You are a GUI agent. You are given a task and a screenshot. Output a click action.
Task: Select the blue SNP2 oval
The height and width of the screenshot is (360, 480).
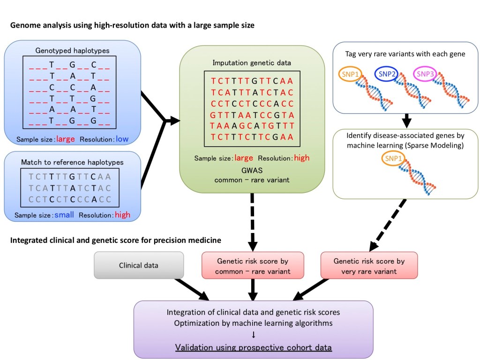coord(387,74)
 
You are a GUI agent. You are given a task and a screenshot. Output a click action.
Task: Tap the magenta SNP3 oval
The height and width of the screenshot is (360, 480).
coord(426,74)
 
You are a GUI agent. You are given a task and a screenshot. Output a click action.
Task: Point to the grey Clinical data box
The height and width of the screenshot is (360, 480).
coord(139,265)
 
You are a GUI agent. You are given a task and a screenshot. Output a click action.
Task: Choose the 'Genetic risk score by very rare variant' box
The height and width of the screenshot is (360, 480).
coord(368,266)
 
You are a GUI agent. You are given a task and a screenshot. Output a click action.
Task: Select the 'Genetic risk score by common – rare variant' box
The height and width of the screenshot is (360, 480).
coord(253,266)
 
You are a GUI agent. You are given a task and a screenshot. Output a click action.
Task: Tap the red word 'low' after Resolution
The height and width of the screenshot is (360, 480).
coord(122,139)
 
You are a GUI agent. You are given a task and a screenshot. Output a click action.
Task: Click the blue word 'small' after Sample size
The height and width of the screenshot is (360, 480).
coord(64,215)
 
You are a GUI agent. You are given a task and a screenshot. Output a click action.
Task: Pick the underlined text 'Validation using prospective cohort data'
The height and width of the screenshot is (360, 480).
coord(254,347)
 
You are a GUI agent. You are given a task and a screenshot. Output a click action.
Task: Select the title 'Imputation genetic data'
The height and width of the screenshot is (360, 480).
coord(245,62)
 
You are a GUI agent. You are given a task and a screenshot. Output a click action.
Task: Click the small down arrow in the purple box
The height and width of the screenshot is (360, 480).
coord(254,335)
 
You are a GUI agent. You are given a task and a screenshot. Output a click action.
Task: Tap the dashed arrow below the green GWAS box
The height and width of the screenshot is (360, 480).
coord(254,220)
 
